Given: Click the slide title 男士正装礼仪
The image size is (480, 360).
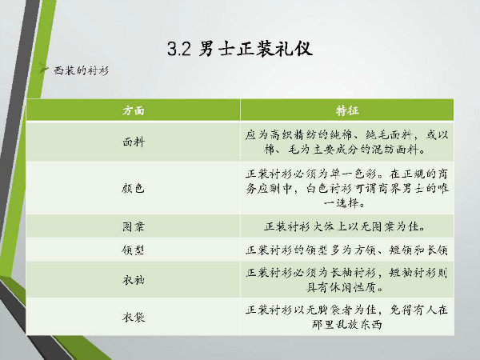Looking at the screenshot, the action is (x=256, y=49).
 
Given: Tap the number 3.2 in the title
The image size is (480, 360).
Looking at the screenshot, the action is (x=179, y=49).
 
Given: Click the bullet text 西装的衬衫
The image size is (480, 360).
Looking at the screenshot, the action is (x=82, y=70).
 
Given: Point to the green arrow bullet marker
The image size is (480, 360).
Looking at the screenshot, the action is (x=44, y=69).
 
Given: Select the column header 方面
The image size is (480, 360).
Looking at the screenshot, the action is (x=133, y=110).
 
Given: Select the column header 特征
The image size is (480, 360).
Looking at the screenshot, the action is (x=347, y=110).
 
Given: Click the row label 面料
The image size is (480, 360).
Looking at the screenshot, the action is (x=133, y=142).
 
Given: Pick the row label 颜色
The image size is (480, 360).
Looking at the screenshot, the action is (x=133, y=188).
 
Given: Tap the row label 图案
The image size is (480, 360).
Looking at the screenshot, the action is (x=133, y=226).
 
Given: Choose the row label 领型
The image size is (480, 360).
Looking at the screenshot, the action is (x=133, y=250).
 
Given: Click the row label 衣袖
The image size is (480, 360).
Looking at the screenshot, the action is (x=133, y=280).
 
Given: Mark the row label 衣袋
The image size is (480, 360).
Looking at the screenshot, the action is (x=133, y=317).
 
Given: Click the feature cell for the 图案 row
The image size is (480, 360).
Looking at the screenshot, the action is (x=345, y=226).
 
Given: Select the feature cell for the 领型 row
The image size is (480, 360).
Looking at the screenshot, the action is (x=347, y=250).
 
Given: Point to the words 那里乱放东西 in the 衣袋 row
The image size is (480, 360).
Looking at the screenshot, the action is (x=347, y=325).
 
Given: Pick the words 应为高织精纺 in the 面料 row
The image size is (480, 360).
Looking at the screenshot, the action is (x=280, y=135).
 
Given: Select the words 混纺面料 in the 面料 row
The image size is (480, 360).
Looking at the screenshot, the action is (x=395, y=150).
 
